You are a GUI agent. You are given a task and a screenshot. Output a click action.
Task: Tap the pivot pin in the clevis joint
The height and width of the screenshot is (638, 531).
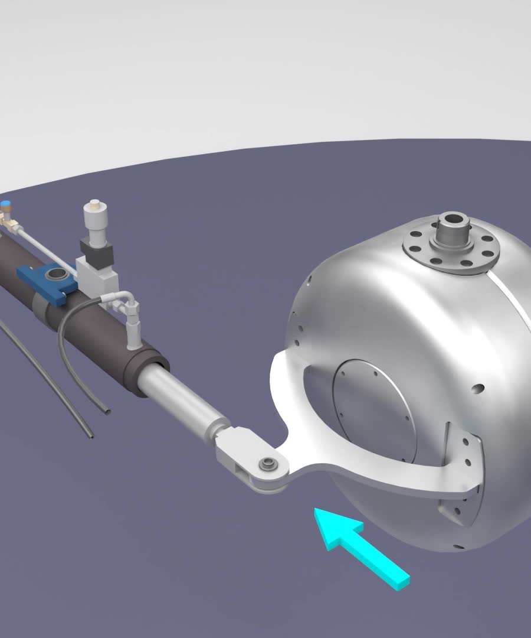tap(269, 463)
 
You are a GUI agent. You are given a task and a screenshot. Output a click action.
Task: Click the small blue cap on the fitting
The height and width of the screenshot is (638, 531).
tap(5, 206)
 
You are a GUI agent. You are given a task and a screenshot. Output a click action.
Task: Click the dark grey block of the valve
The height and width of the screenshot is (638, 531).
tap(96, 252)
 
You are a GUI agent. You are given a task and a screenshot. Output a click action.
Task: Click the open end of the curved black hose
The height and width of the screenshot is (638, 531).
tap(106, 410)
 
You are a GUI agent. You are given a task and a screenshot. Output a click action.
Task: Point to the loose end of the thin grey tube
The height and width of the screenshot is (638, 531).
tap(90, 436)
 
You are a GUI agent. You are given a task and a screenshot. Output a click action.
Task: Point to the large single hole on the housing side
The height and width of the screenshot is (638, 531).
tap(478, 389)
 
